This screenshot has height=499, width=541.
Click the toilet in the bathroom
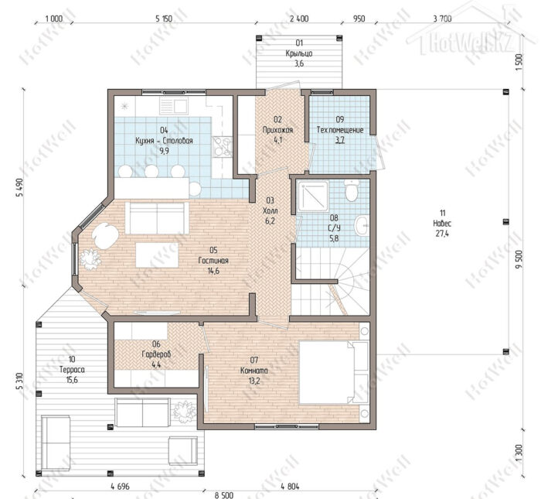(352, 190)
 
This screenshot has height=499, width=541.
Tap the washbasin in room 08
(362, 226)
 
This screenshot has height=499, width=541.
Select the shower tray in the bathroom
(313, 197)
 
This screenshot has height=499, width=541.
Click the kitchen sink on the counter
(174, 106)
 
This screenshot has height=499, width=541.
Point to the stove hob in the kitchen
(223, 147)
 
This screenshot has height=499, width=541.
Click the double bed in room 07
(334, 373)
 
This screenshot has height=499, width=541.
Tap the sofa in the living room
(157, 218)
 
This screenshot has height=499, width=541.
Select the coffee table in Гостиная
(157, 255)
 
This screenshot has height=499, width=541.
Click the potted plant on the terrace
(185, 412)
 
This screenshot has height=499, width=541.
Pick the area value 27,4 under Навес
(442, 234)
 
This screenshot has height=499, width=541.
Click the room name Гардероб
(156, 354)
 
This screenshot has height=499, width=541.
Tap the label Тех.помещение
(340, 130)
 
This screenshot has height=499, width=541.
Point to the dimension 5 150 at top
(164, 19)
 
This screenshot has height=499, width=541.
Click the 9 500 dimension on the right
(519, 258)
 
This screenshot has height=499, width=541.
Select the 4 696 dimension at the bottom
(120, 487)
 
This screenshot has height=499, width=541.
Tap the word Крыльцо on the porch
(299, 53)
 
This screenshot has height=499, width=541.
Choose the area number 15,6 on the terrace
(72, 380)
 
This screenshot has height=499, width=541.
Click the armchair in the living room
(105, 236)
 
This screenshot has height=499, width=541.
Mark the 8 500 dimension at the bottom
(224, 495)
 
